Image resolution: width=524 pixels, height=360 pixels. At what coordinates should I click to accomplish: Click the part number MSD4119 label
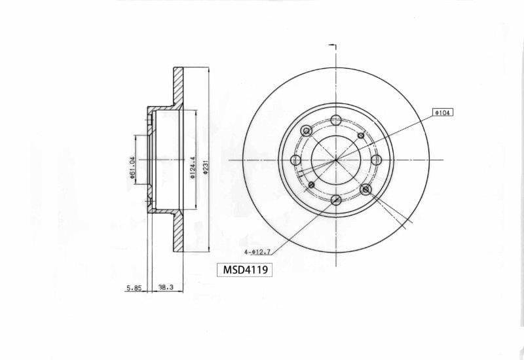(x=244, y=269)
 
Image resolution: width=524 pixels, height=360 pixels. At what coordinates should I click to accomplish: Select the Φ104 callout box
(x=443, y=113)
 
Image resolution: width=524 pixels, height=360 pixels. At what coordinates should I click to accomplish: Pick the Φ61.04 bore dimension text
(x=132, y=168)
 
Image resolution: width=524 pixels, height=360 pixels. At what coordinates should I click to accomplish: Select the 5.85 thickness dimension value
(x=134, y=287)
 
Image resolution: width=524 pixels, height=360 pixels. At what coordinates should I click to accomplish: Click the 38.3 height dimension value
(x=166, y=287)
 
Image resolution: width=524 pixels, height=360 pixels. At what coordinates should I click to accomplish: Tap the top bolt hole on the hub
(x=336, y=120)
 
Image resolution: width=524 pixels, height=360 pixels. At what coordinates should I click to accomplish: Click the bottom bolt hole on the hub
(x=336, y=200)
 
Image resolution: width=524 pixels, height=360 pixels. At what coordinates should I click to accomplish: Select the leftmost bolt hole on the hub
(x=295, y=160)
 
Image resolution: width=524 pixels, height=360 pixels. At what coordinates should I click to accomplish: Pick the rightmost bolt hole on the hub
(x=377, y=160)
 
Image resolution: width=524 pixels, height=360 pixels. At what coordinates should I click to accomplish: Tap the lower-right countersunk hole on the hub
(x=365, y=189)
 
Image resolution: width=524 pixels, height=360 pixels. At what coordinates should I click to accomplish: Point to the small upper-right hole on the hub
(x=361, y=135)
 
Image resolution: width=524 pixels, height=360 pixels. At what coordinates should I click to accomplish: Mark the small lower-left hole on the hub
(x=312, y=185)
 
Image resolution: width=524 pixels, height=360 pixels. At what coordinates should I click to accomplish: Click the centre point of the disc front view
(x=336, y=160)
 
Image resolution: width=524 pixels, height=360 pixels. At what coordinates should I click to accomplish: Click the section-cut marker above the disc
(x=333, y=47)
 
